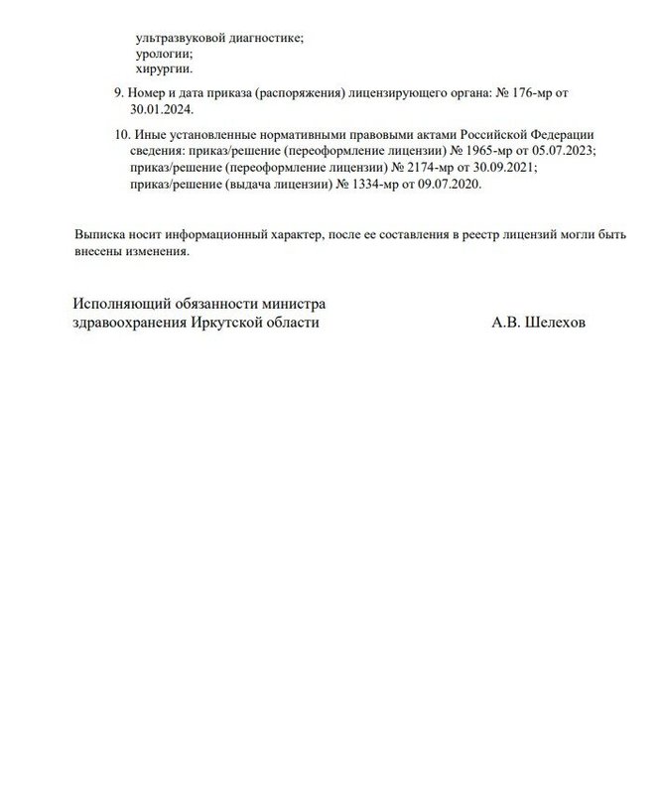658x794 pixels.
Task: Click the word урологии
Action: pyautogui.click(x=164, y=54)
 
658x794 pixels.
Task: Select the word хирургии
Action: pyautogui.click(x=164, y=69)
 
